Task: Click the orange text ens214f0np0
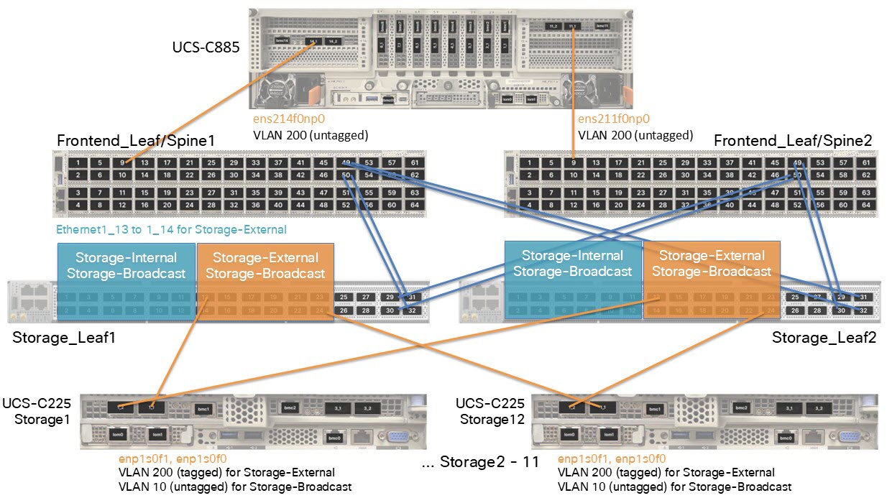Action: pos(282,120)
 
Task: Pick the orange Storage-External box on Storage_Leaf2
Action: pos(711,264)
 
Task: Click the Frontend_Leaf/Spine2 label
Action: pos(793,141)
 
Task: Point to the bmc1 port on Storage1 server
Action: pos(204,408)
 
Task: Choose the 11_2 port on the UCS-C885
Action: pos(553,26)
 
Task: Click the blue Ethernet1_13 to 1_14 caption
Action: pos(171,230)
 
